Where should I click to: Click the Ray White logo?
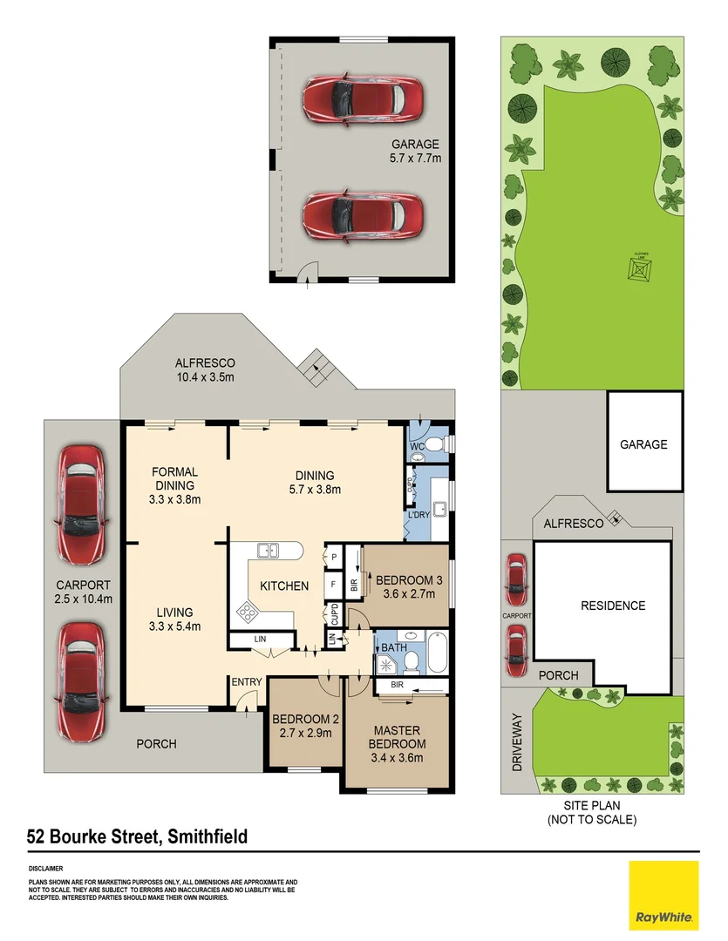[x=663, y=895]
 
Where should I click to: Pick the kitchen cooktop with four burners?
[x=248, y=613]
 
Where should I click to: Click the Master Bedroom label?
[x=398, y=737]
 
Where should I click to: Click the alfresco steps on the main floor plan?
[x=315, y=369]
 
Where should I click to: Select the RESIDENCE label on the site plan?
[x=614, y=606]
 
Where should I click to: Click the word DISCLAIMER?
[x=45, y=869]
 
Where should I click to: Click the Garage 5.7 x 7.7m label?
[x=414, y=152]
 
